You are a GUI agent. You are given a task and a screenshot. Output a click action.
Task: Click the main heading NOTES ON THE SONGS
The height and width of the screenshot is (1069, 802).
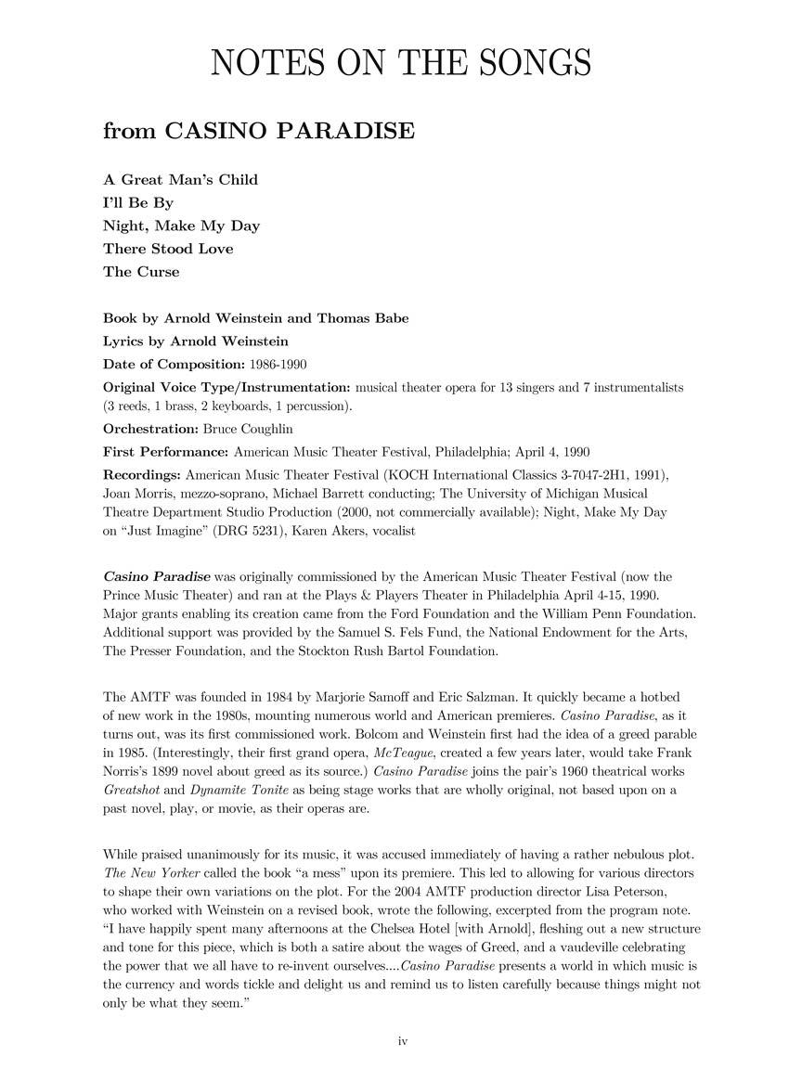coord(401,62)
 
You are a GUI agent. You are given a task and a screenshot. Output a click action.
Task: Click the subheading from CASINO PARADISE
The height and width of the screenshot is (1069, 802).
coord(258,131)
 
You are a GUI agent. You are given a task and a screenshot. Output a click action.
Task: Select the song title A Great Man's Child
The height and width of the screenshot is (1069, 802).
coord(180,179)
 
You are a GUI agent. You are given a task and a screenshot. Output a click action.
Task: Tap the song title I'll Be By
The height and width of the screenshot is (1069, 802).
coord(138,202)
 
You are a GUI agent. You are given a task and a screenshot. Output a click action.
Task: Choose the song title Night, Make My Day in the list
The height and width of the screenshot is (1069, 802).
coord(181,225)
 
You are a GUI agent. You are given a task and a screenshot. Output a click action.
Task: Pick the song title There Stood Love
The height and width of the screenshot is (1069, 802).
coord(168,249)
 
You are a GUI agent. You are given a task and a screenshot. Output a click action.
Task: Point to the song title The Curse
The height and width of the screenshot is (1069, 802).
coord(141,272)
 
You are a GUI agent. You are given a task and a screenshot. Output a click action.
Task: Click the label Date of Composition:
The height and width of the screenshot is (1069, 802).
coord(174,364)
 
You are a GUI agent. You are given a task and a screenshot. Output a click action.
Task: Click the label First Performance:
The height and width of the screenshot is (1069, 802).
coord(165,452)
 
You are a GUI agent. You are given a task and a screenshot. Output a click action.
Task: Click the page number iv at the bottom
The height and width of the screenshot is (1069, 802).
coord(402,1041)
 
